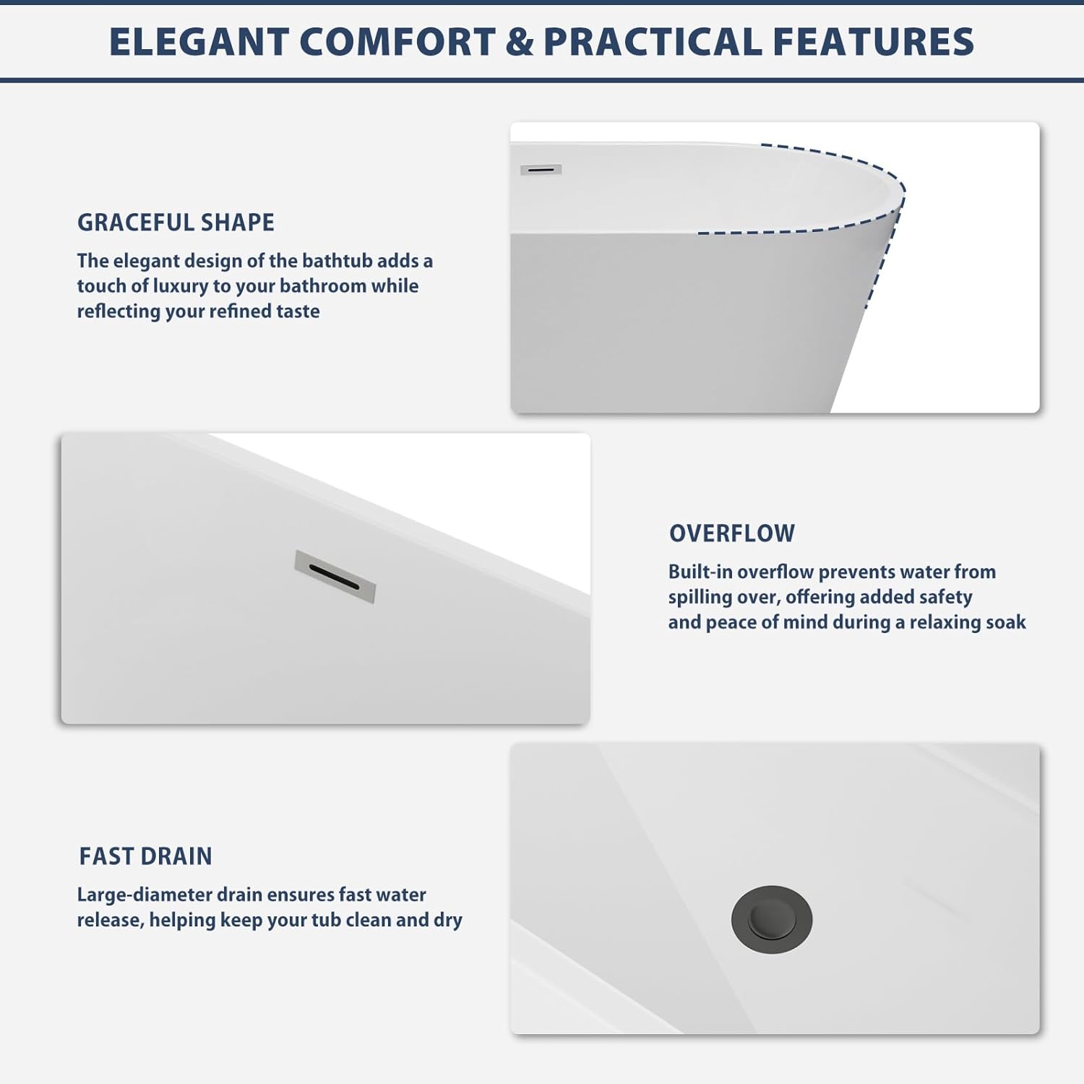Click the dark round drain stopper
(772, 919)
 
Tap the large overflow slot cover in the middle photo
(335, 577)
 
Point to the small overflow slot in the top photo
(541, 170)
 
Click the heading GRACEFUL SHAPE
(176, 223)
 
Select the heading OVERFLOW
(732, 533)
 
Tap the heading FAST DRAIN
(145, 856)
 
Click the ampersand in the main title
(520, 42)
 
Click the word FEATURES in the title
(874, 42)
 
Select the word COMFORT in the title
(397, 42)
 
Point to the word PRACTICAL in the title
(653, 42)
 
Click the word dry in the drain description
(448, 921)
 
